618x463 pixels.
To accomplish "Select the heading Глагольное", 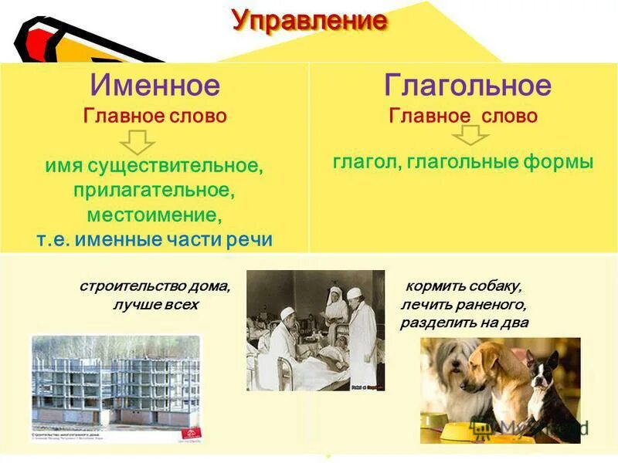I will [x=467, y=86].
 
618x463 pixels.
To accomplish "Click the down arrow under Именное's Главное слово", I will [x=139, y=142].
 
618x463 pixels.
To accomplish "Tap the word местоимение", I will [x=153, y=214].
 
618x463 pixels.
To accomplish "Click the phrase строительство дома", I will [x=155, y=286].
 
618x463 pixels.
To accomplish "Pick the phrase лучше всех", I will [x=155, y=305].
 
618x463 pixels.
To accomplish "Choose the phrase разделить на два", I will [x=464, y=323].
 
